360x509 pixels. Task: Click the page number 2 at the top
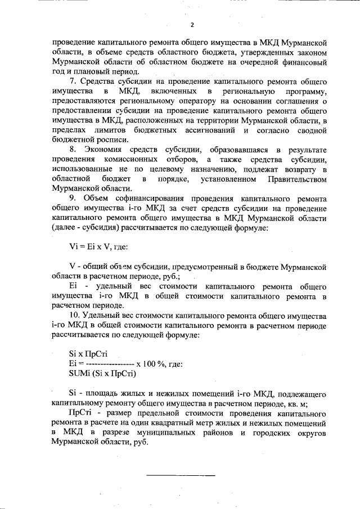click(x=191, y=25)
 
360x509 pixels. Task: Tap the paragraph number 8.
click(x=72, y=150)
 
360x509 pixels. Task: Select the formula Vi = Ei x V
click(x=90, y=246)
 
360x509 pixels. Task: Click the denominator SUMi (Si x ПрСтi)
click(x=103, y=373)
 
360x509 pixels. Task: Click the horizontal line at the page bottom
click(x=181, y=476)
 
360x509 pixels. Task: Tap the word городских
click(x=260, y=431)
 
